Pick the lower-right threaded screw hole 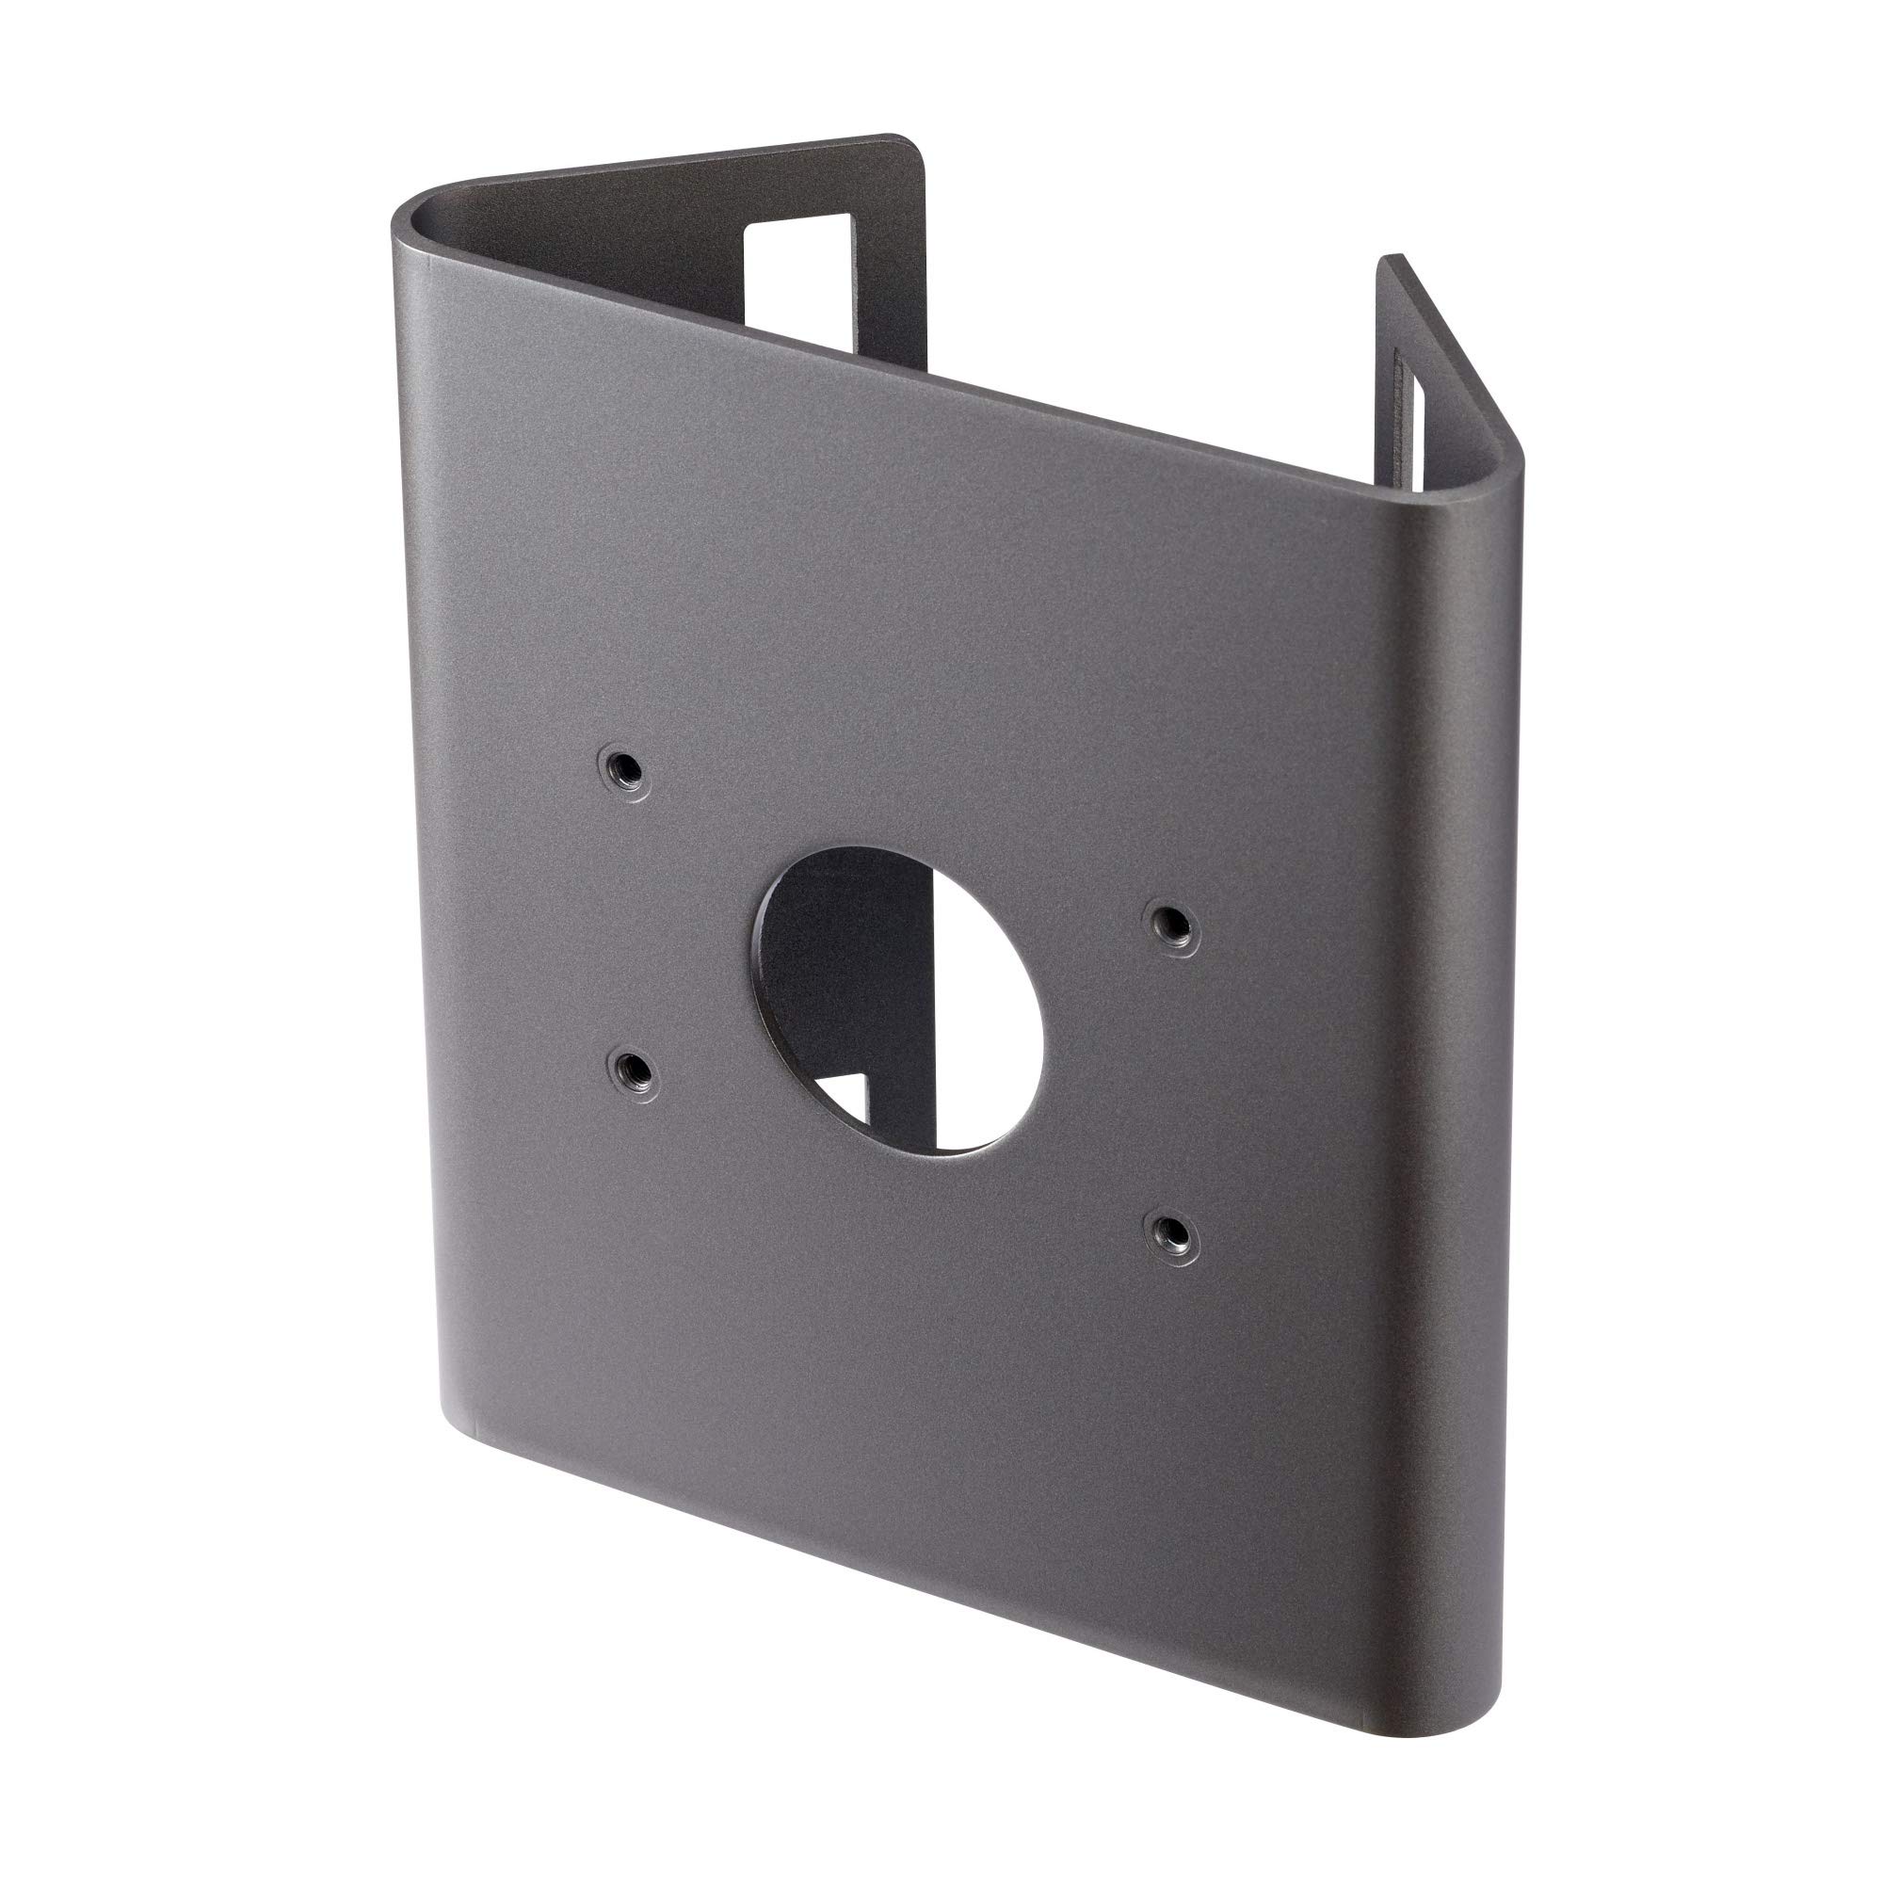click(x=1170, y=1231)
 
